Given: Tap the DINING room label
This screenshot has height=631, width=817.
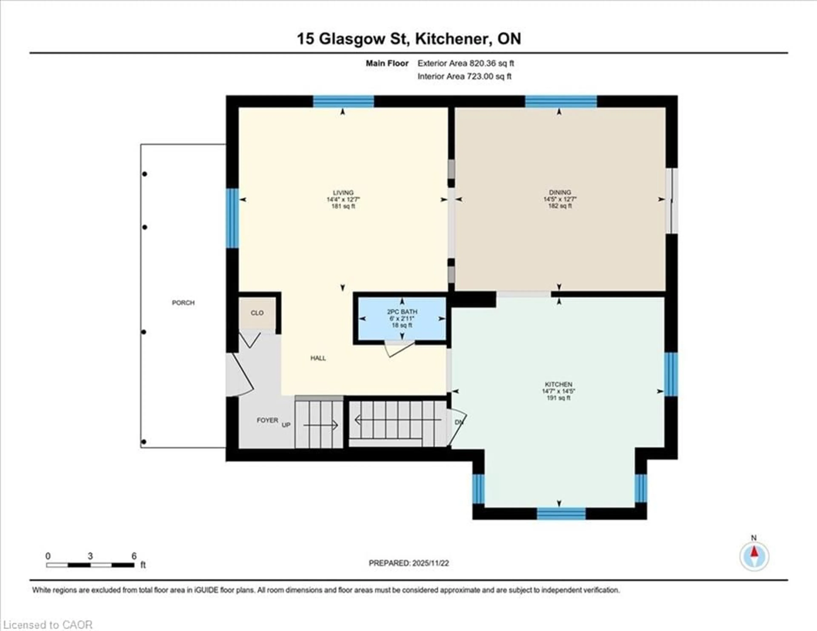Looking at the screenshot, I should [x=560, y=193].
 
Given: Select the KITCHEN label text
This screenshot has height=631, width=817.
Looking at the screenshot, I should [x=558, y=384].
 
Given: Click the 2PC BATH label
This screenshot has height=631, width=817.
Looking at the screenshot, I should [x=402, y=312].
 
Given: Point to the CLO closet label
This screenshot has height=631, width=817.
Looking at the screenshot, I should [x=257, y=313].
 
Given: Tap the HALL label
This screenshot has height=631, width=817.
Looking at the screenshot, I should [x=318, y=358].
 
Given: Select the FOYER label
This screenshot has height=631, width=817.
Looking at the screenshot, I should [x=267, y=420].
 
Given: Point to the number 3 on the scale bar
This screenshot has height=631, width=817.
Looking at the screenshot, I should [x=90, y=556].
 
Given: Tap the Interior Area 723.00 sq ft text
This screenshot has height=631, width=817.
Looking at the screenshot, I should [x=464, y=76].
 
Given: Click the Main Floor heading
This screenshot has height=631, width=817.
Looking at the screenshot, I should [x=387, y=63].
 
